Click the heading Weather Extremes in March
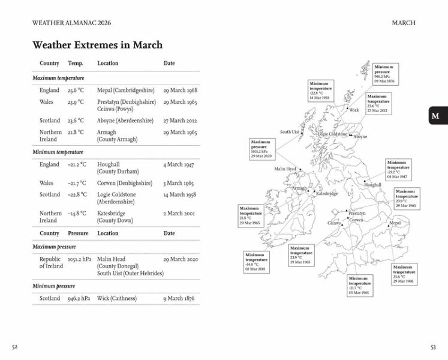point(97,45)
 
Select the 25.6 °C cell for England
point(76,91)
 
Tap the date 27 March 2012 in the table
point(180,121)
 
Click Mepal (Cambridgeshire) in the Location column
point(126,91)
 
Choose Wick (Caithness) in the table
point(117,298)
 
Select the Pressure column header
point(78,233)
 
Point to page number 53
point(434,347)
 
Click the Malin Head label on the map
point(285,169)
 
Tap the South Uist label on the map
point(290,132)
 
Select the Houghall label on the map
point(372,185)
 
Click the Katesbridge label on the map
point(327,194)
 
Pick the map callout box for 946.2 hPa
point(384,74)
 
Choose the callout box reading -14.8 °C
point(256,262)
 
